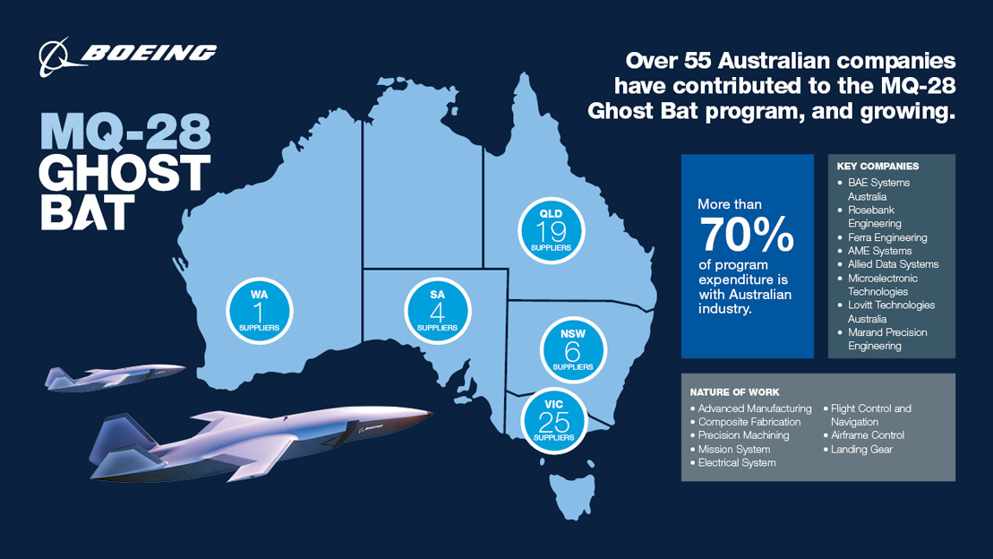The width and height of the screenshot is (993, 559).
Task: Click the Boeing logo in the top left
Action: point(127,55)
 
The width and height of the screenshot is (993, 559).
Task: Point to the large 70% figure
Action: point(746,236)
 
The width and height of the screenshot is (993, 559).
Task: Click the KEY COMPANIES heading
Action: point(877,166)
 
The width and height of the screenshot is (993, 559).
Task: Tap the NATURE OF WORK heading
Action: point(734,392)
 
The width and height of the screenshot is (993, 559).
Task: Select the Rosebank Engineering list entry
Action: point(874,217)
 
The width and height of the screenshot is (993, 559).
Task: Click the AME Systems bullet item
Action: point(879,251)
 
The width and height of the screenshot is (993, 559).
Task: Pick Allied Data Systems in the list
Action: point(893,264)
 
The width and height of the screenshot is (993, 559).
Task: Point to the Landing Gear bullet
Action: point(860,449)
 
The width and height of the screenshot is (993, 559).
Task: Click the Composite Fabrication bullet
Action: point(749,422)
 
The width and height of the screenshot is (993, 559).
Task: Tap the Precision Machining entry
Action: point(743,435)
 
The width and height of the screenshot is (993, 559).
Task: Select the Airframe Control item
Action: point(867,435)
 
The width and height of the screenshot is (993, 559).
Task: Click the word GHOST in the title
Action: point(125,174)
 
